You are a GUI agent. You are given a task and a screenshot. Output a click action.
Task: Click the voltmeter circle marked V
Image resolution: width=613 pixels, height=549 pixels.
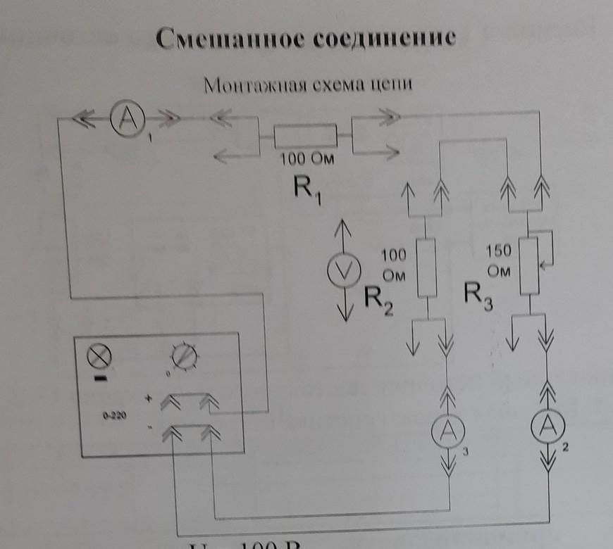point(345,269)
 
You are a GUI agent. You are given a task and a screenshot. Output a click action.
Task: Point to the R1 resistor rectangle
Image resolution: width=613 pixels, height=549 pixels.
point(304,135)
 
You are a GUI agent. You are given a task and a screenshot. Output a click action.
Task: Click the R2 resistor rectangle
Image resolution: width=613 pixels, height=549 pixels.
point(427,268)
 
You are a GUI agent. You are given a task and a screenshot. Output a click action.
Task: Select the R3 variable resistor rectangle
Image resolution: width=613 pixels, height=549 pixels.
point(528,265)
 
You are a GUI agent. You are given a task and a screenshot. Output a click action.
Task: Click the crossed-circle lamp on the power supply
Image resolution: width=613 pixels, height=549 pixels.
point(97,358)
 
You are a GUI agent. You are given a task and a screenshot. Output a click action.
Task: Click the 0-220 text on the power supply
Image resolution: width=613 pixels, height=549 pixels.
point(115,416)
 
